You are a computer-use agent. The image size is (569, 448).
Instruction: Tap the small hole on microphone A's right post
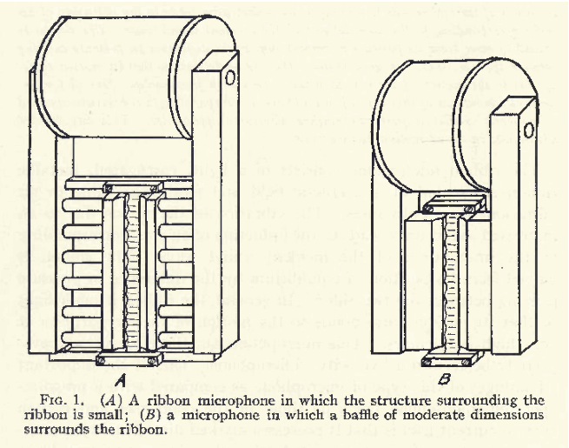click(231, 77)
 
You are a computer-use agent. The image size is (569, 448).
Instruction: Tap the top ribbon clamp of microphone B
click(447, 205)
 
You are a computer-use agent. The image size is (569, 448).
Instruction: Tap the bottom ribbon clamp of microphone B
click(447, 358)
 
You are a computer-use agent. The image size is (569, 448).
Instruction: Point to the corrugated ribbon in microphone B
click(448, 283)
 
